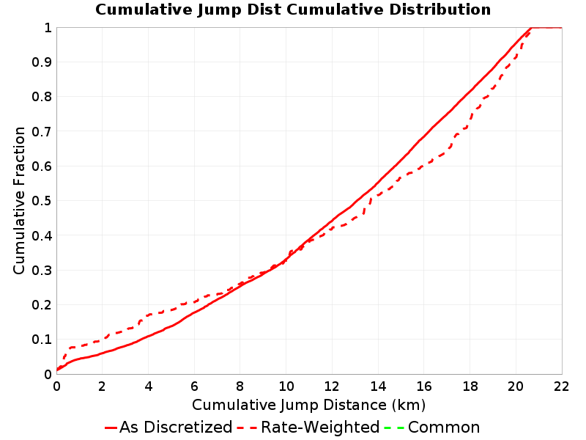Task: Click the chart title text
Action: coord(293,10)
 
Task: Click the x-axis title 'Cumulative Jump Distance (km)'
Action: coord(308,405)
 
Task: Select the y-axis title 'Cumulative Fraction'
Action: coord(19,200)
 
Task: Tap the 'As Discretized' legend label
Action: coord(176,427)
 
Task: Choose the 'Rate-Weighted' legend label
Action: coord(320,427)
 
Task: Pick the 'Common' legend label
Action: coord(444,427)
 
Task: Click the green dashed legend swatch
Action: coord(394,428)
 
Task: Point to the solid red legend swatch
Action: coord(111,428)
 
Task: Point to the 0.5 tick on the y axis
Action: coord(42,201)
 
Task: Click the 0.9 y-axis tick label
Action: coord(42,62)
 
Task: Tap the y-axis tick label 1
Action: coord(48,28)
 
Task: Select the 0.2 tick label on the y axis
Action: coord(42,305)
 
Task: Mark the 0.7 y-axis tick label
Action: coord(42,132)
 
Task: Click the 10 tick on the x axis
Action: coord(286,386)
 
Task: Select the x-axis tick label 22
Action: coord(561,386)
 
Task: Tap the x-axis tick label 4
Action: coord(149,386)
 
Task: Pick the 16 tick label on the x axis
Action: coord(424,386)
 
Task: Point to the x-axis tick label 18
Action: coord(470,386)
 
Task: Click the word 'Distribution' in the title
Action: coord(440,10)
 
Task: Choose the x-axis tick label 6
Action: coord(194,386)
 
